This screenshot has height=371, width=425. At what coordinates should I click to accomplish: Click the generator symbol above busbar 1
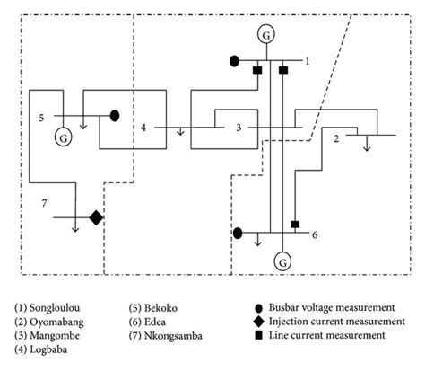[x=266, y=35]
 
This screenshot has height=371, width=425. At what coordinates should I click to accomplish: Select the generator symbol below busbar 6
[x=282, y=262]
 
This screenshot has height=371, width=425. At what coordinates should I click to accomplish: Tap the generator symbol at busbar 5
[x=64, y=138]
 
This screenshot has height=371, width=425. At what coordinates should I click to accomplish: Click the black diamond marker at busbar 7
[x=96, y=217]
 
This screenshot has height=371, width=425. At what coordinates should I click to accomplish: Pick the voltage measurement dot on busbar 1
[x=234, y=61]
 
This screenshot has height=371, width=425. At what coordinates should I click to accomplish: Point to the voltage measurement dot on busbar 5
[x=115, y=116]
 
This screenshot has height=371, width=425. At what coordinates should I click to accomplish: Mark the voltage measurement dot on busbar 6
[x=238, y=233]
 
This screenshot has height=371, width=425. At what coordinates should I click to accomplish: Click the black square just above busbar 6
[x=295, y=224]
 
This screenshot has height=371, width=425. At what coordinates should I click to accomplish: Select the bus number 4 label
[x=143, y=128]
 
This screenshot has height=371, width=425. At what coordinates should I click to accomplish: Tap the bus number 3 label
[x=239, y=128]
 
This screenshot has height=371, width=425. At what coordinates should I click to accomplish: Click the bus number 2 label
[x=336, y=139]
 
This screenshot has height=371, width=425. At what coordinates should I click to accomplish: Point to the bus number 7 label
[x=44, y=204]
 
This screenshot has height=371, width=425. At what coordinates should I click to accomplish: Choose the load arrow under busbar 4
[x=180, y=131]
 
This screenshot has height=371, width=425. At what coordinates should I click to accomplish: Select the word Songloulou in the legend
[x=55, y=308]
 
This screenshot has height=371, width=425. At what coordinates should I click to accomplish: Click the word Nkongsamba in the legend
[x=173, y=336]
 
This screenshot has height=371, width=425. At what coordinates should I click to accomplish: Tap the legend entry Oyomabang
[x=49, y=322]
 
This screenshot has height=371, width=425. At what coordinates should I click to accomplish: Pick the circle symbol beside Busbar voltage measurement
[x=259, y=308]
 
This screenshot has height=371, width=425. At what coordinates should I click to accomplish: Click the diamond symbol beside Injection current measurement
[x=259, y=322]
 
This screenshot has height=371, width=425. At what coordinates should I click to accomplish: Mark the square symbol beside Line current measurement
[x=259, y=336]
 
